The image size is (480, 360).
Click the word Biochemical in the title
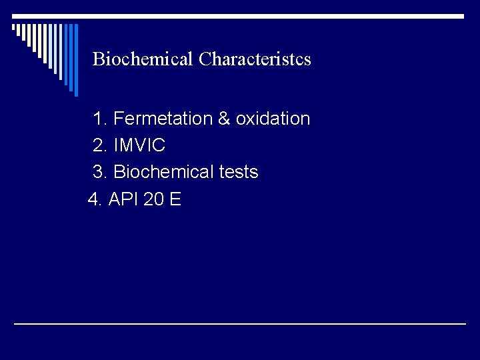click(x=143, y=59)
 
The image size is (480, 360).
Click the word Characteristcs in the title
click(x=255, y=59)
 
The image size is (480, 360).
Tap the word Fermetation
click(x=163, y=119)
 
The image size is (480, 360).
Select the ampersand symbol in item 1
click(x=224, y=119)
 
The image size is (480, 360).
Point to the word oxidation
click(x=273, y=119)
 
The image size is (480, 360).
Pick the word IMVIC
click(x=139, y=145)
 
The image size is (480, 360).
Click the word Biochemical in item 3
click(x=163, y=172)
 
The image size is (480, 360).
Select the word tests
click(x=239, y=172)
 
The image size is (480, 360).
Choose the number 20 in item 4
click(x=153, y=199)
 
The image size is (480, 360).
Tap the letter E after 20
click(x=175, y=199)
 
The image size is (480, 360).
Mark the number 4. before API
click(x=96, y=199)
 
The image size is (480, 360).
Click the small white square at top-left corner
click(x=14, y=28)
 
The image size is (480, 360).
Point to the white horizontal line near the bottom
click(x=240, y=323)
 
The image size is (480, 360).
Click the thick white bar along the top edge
click(x=240, y=16)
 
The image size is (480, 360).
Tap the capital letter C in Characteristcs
click(x=205, y=59)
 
